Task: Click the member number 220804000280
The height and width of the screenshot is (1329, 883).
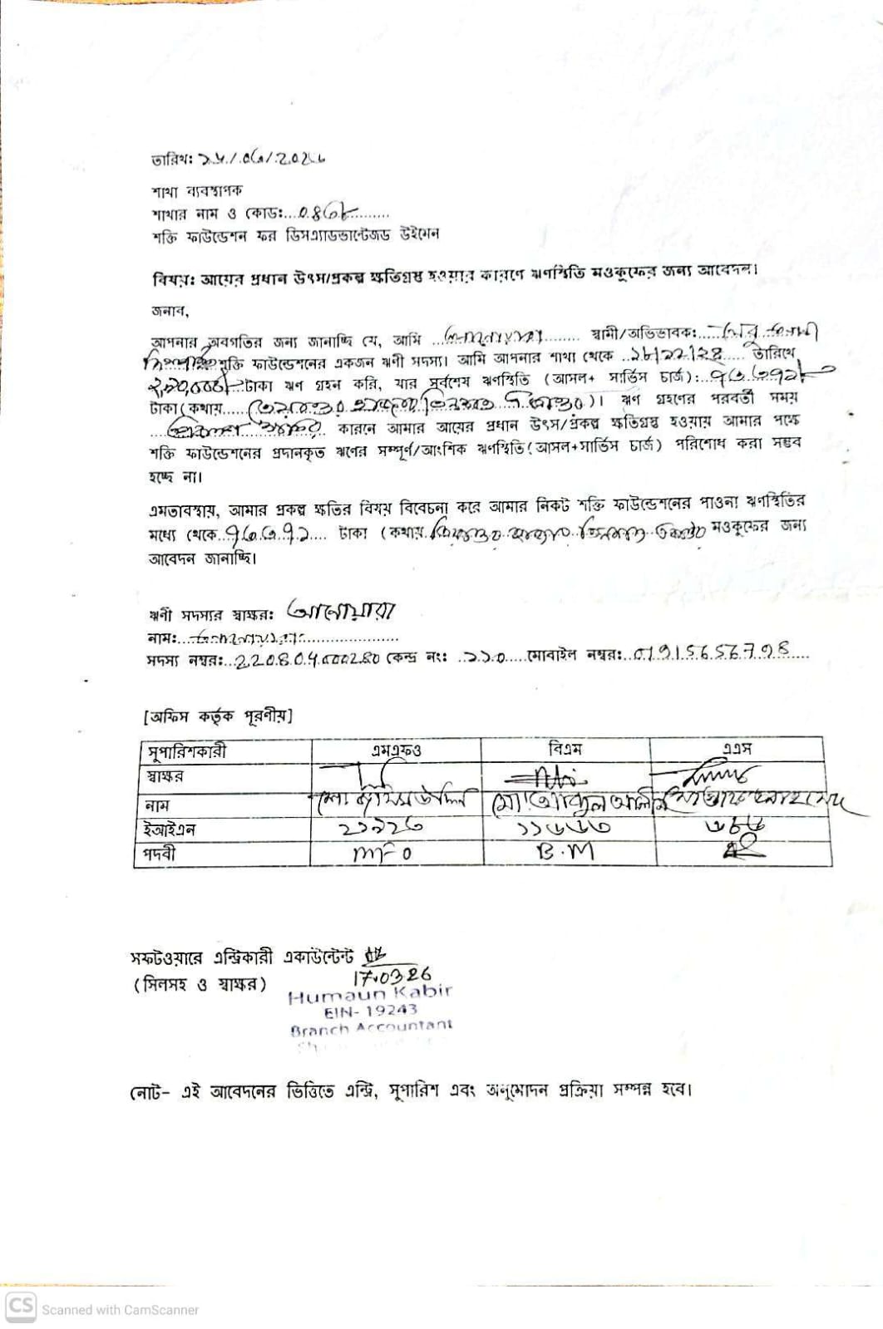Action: pos(308,658)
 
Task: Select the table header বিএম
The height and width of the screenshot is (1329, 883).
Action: pos(565,749)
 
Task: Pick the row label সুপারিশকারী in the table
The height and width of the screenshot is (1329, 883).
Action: pos(187,752)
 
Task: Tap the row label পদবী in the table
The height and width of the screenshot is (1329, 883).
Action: pos(161,854)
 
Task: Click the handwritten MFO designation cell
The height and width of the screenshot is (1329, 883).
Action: pos(382,853)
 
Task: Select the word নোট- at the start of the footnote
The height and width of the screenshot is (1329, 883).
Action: pos(150,1090)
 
